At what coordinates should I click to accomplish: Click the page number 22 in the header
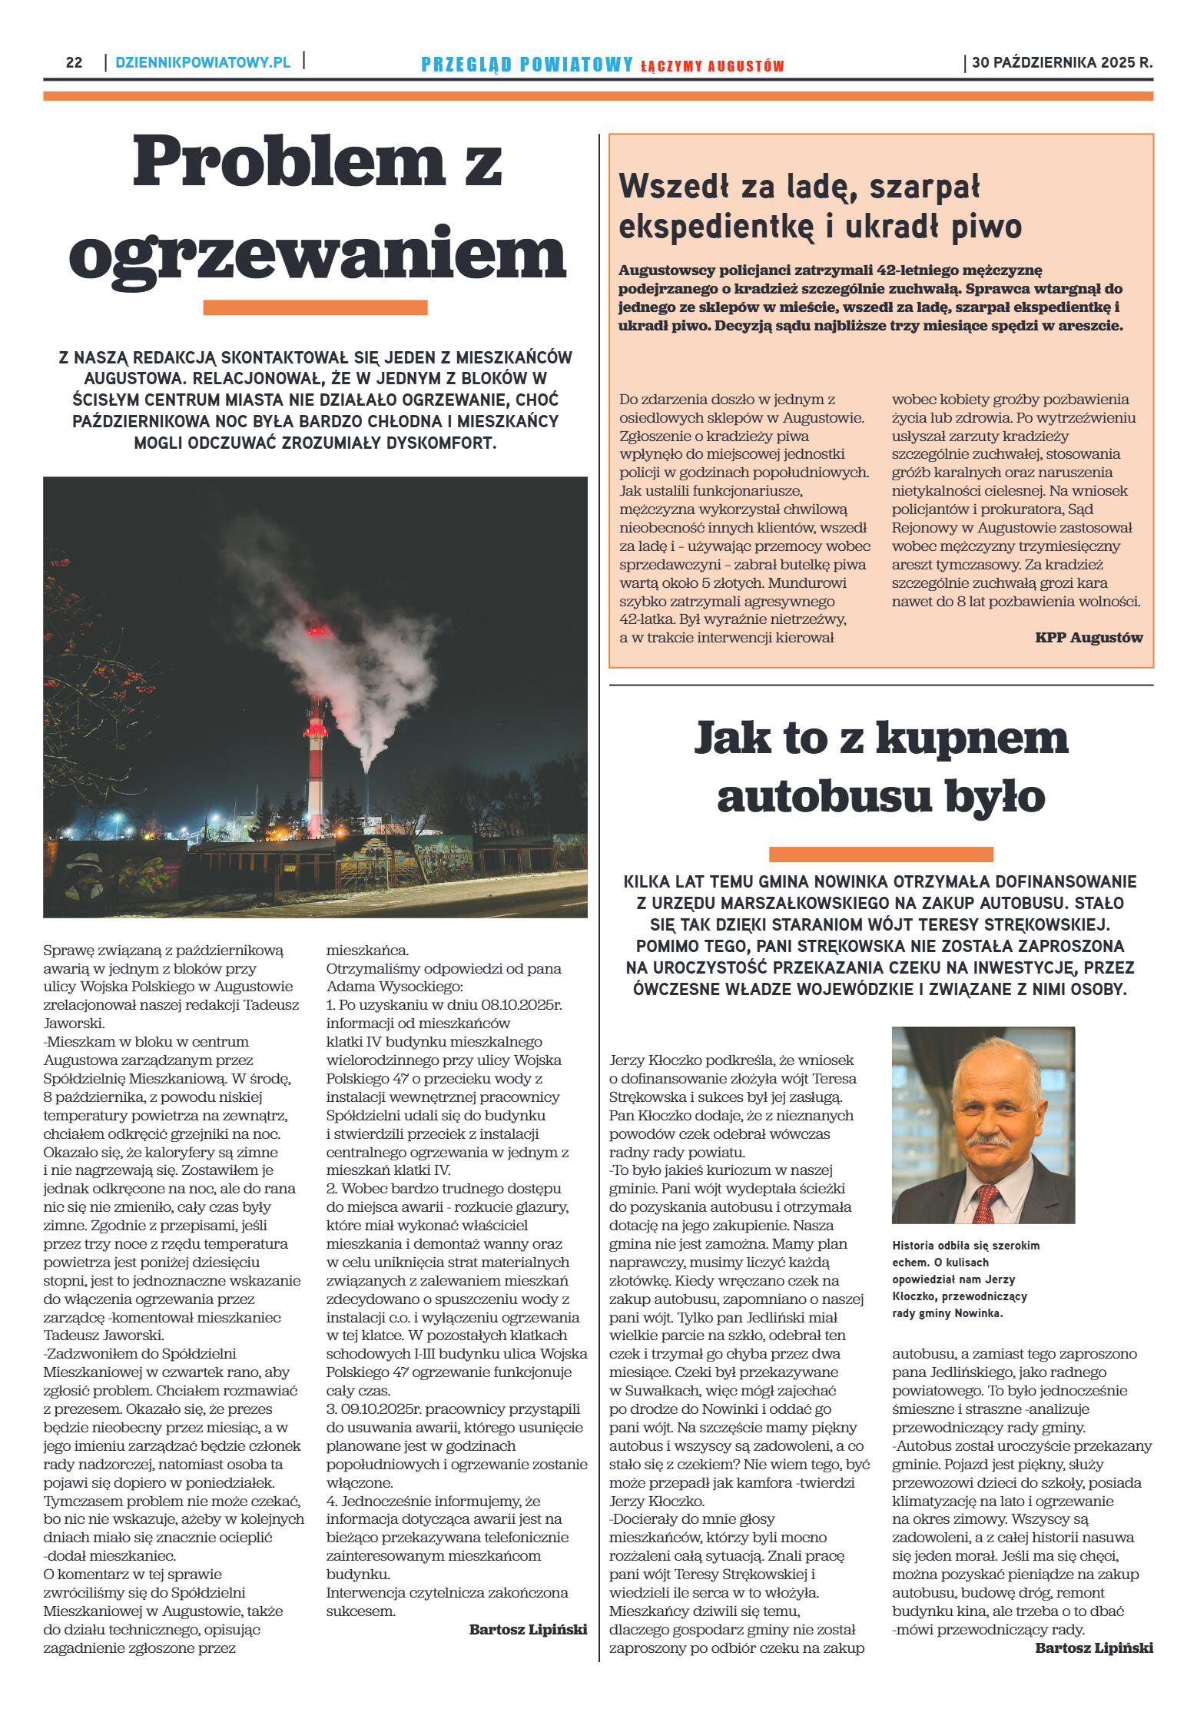(74, 63)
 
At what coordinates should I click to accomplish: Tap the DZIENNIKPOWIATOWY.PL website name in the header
(203, 63)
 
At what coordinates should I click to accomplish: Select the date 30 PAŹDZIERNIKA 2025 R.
(1062, 63)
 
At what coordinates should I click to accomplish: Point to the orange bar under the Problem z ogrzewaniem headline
(315, 307)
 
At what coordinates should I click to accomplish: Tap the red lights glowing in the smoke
(317, 632)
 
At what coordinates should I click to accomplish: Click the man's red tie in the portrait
(986, 1200)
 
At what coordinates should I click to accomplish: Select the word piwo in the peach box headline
(986, 227)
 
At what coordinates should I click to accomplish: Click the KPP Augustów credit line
(1089, 637)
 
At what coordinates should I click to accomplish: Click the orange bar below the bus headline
(880, 854)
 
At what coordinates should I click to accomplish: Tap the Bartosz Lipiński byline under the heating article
(528, 1629)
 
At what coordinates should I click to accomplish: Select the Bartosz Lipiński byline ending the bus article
(1094, 1648)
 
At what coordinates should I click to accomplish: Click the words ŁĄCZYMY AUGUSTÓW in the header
(712, 67)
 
